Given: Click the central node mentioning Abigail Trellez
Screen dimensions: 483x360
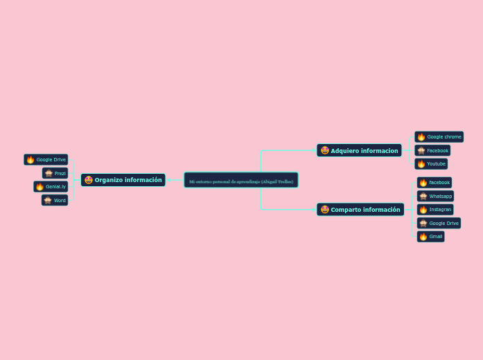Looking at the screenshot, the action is point(241,181).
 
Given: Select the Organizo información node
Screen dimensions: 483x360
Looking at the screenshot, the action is point(123,180).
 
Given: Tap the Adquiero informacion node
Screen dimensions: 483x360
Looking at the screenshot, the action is point(359,150).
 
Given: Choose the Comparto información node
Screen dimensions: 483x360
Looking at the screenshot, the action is point(360,209).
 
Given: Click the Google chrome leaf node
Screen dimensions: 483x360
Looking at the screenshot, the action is point(439,137).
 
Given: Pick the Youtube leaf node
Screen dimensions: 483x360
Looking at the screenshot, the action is point(432,164).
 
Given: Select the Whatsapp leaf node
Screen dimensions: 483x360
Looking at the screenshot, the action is point(435,196).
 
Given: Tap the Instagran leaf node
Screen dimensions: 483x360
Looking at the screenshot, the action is point(435,209).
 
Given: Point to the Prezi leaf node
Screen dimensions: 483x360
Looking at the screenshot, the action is point(55,173).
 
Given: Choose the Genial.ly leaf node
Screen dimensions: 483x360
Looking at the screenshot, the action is point(51,187).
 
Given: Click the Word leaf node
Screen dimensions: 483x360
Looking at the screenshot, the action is point(55,200).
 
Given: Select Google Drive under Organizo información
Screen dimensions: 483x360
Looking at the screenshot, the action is point(46,159).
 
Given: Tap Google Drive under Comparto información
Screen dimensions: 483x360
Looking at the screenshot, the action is point(439,223).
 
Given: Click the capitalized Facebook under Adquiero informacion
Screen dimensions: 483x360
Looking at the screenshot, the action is point(433,150).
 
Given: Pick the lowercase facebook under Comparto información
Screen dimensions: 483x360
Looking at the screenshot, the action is point(434,182).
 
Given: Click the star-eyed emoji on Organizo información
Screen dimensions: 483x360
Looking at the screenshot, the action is point(89,180).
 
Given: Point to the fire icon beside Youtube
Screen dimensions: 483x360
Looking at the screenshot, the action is point(421,164).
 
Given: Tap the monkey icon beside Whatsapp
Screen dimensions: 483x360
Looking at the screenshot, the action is point(423,196).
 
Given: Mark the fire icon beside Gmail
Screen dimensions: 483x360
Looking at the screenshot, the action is point(423,236).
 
